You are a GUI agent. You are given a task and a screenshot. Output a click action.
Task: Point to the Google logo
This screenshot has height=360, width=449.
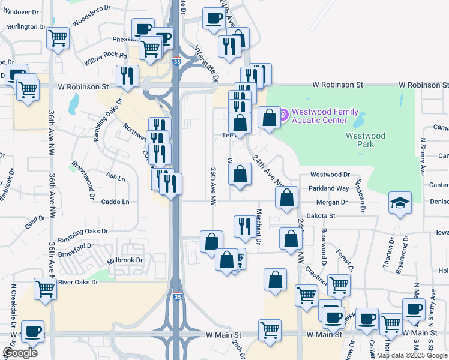[x=20, y=353]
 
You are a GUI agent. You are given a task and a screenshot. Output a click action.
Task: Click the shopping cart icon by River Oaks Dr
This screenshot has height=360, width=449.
[x=46, y=289]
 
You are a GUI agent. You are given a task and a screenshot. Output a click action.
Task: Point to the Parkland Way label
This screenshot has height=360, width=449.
[x=329, y=188]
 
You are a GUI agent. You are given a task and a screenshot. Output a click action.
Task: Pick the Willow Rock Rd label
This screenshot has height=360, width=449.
[x=106, y=56]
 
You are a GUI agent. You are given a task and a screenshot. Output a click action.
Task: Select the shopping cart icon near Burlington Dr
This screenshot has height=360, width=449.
[x=58, y=38]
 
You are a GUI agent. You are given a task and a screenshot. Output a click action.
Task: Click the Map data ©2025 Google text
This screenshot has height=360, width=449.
[x=412, y=355]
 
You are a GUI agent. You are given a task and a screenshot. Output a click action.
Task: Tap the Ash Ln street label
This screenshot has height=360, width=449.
[x=115, y=178]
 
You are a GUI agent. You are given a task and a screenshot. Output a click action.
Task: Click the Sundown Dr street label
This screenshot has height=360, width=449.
[x=360, y=195]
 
